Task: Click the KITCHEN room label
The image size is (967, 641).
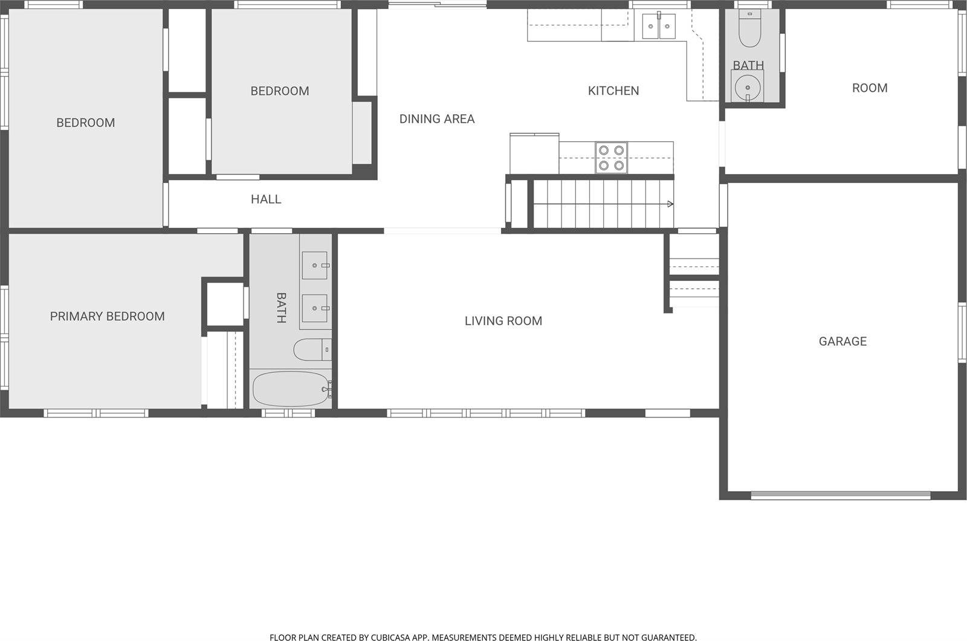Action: click(x=613, y=91)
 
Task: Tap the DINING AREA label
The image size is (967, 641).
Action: click(x=437, y=119)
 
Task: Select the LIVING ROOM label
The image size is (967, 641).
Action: click(x=503, y=321)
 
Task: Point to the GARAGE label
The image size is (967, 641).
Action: click(x=842, y=341)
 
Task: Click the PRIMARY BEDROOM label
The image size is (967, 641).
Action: click(x=107, y=316)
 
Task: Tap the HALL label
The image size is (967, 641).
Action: click(x=266, y=199)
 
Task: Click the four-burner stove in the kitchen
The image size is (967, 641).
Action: click(x=611, y=157)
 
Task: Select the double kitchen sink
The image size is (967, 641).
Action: click(x=658, y=26)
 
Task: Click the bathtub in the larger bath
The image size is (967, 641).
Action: click(x=289, y=388)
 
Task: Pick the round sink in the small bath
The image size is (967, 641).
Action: click(x=748, y=88)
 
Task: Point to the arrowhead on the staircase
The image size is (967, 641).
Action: click(x=670, y=204)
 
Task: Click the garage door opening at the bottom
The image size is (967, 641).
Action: click(x=840, y=495)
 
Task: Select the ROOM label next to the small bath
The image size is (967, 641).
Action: click(x=870, y=88)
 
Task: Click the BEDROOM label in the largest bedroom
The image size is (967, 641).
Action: click(x=85, y=123)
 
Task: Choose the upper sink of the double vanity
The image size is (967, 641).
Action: click(x=315, y=265)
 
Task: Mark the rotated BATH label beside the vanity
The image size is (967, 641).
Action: click(x=281, y=308)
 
